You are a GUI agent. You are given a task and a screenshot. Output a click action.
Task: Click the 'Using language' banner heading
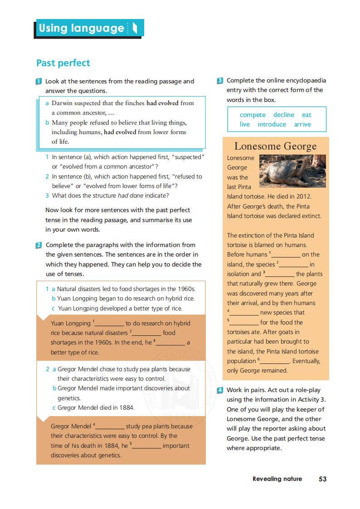(82, 28)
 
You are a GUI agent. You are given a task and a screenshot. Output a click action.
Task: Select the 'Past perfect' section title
(63, 63)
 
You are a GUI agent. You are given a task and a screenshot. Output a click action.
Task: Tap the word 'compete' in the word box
(253, 115)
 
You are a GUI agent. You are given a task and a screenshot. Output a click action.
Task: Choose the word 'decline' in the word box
(284, 115)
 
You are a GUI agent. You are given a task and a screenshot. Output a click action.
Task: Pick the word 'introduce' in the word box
(272, 124)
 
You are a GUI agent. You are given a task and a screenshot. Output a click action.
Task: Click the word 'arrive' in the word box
(302, 124)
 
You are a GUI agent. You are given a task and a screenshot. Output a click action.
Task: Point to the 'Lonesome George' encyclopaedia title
(275, 146)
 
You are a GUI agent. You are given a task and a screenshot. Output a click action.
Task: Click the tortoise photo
(292, 170)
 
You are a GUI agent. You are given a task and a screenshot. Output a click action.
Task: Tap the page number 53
(322, 479)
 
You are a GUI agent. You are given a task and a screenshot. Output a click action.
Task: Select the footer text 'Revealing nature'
(277, 479)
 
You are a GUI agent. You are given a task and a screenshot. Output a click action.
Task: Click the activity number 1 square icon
(39, 82)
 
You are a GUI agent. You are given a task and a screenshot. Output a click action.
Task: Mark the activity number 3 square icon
(220, 81)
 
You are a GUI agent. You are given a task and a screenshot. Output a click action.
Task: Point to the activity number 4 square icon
(220, 390)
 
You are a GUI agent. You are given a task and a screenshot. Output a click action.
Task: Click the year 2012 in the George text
(303, 197)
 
